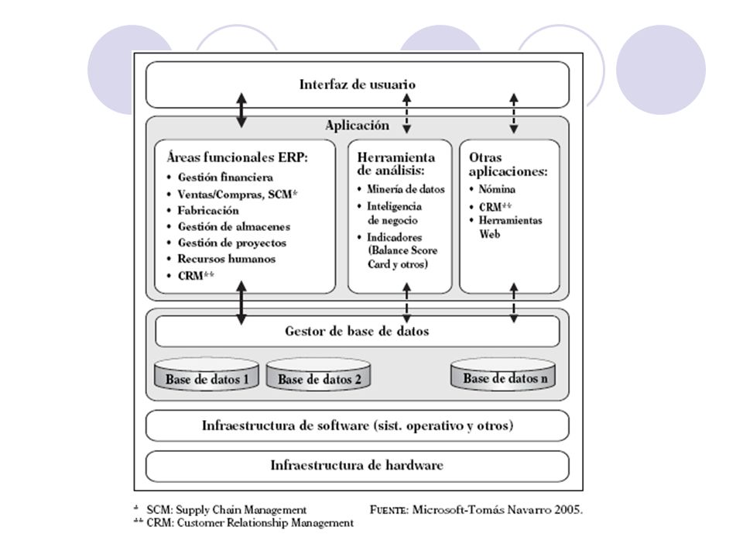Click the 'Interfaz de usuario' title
pos(358,84)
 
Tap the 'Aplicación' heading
pos(358,126)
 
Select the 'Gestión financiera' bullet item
pos(225,177)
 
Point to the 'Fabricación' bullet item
pos(208,210)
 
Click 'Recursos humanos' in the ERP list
pos(227,259)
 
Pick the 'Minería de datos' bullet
pos(406,189)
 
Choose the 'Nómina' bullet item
pos(497,189)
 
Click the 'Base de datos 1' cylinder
pos(207,374)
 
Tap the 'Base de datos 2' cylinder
pos(318,374)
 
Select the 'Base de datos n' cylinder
pos(503,374)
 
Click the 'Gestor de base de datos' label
pos(357,331)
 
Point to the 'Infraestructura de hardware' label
pos(357,465)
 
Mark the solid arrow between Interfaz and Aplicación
pos(241,111)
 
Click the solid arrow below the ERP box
pos(241,303)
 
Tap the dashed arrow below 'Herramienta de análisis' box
pos(406,303)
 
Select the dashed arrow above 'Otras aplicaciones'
pos(514,113)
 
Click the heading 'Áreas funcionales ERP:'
pos(237,157)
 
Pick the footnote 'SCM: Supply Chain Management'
pos(227,510)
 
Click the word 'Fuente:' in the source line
pos(389,510)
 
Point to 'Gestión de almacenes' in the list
pos(234,227)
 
